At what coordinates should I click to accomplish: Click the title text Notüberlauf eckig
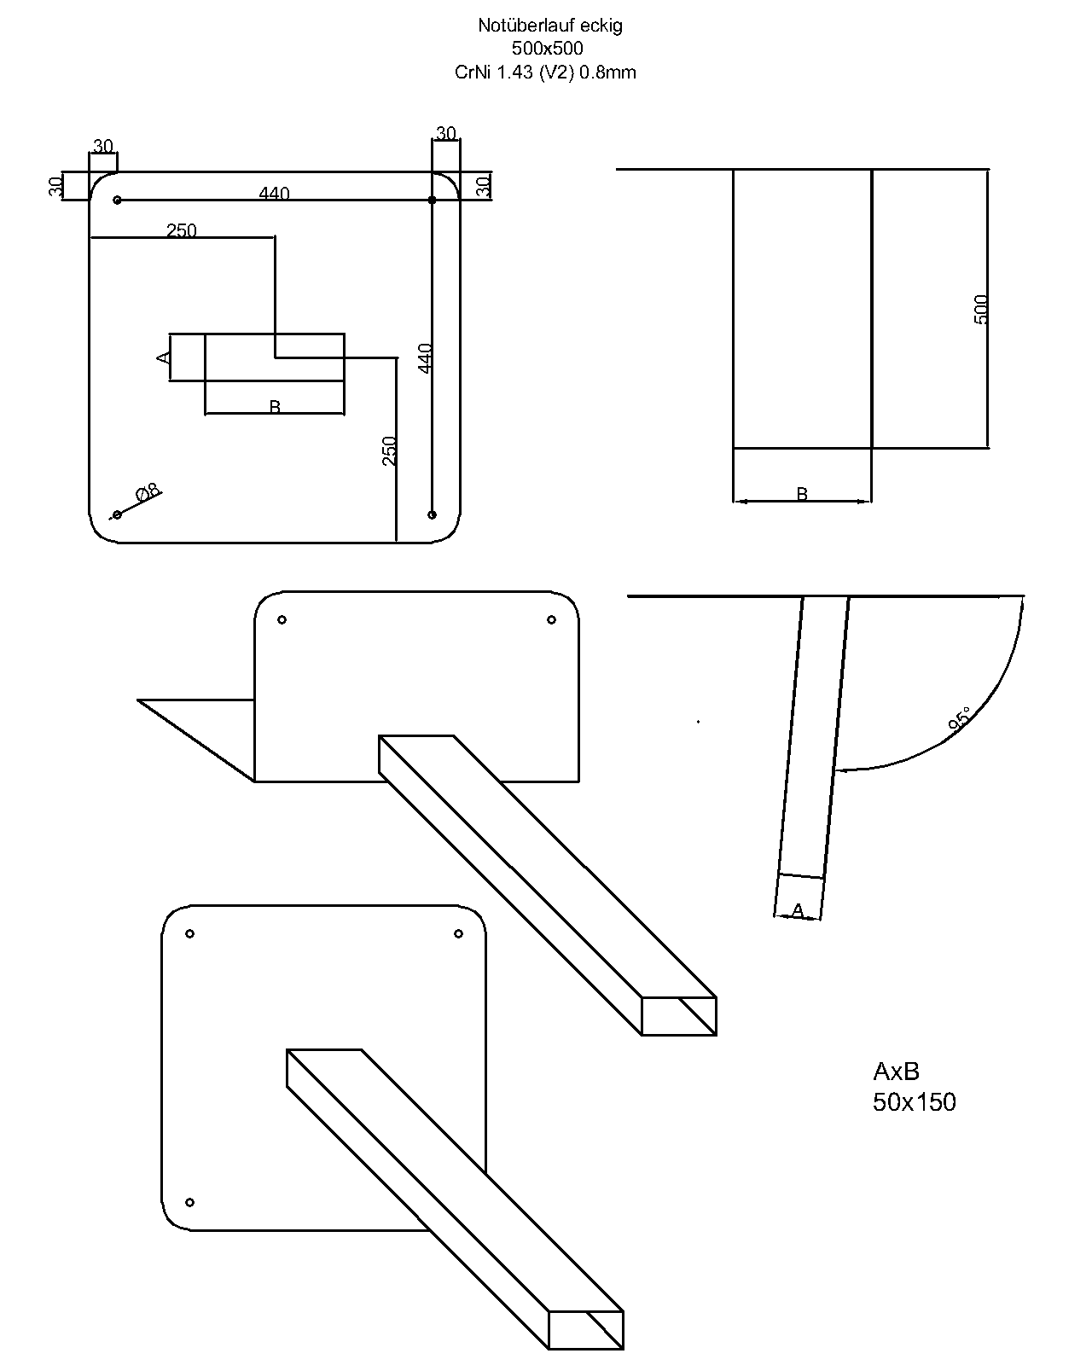point(550,26)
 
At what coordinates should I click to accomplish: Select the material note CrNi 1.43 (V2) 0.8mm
point(545,73)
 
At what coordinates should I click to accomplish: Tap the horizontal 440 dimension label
point(274,194)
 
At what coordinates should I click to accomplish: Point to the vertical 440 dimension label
point(426,357)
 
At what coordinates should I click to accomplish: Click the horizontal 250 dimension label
point(182,230)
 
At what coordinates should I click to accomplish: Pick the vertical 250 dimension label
point(389,450)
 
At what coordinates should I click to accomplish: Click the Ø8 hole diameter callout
point(148,492)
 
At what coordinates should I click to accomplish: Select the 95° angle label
point(959,719)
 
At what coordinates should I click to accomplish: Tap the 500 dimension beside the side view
point(981,309)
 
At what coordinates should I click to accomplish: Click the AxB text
point(896,1071)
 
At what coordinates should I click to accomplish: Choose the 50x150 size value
point(914,1102)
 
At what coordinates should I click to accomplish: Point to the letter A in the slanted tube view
point(798,911)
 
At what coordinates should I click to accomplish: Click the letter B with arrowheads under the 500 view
point(802,494)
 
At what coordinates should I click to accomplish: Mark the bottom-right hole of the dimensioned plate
point(432,514)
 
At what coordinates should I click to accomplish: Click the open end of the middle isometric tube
point(679,1015)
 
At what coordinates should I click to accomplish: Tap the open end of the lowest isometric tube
point(585,1330)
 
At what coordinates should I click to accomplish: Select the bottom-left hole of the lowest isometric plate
point(190,1202)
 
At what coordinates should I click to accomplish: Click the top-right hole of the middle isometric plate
point(551,619)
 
